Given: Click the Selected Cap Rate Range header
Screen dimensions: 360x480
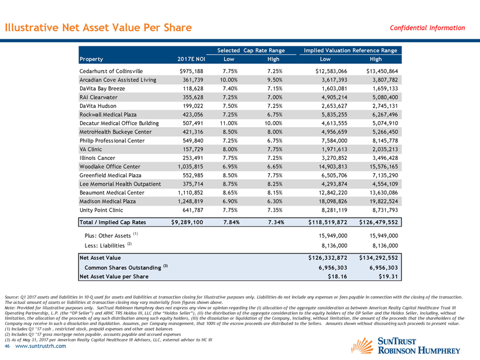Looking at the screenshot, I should pyautogui.click(x=251, y=50).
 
